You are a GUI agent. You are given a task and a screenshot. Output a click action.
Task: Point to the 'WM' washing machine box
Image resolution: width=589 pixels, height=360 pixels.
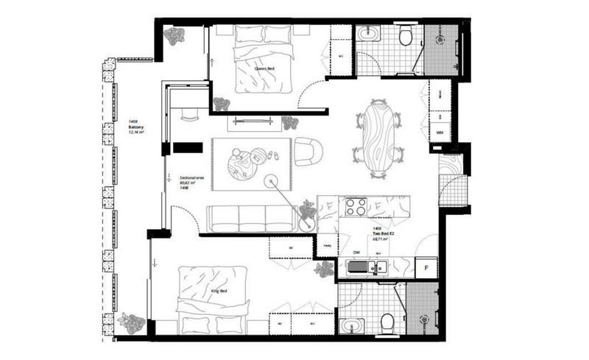pyautogui.click(x=440, y=133)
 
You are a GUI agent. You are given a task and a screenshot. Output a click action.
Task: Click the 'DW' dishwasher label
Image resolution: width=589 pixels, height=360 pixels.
pyautogui.click(x=356, y=253)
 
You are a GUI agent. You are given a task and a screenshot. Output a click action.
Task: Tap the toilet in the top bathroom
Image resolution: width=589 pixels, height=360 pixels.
pyautogui.click(x=405, y=36)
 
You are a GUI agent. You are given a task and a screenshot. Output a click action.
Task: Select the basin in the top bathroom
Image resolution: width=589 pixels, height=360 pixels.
pyautogui.click(x=366, y=34)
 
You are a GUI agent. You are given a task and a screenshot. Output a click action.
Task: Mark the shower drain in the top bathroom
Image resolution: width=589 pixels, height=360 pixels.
pyautogui.click(x=441, y=38)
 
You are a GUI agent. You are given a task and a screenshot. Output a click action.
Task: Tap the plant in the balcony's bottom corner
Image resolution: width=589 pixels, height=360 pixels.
pyautogui.click(x=131, y=322)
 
